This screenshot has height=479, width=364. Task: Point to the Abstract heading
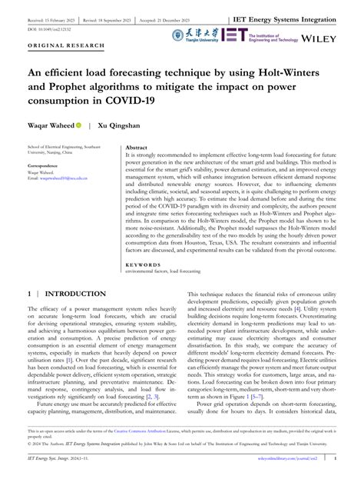[136, 146]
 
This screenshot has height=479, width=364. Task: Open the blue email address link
[64, 178]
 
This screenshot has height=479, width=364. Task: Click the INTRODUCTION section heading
[75, 294]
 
